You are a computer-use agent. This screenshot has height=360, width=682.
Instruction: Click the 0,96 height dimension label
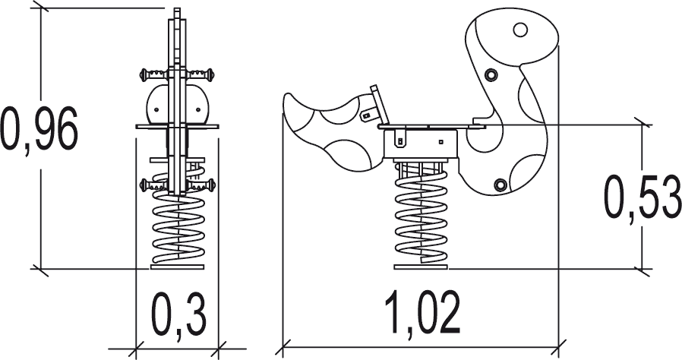pos(39,128)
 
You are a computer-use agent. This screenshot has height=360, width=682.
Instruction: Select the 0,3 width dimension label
pos(178,314)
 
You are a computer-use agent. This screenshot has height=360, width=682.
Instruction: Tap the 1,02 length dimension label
pos(422,313)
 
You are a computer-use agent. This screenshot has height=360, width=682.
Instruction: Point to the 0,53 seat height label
pos(643,197)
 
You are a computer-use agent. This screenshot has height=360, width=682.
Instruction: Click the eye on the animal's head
pos(520,30)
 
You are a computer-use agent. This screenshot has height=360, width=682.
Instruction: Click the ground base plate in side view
pos(421,267)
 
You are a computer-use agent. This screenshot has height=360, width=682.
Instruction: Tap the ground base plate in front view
pos(178,267)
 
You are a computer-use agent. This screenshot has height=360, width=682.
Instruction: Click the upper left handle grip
pos(153,74)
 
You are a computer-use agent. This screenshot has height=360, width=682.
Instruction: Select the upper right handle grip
pos(201,74)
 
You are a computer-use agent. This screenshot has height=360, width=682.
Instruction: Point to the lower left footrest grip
pos(153,185)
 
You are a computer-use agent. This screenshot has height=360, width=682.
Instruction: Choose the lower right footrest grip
pos(201,185)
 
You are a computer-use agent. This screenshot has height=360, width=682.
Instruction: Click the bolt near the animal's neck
pos(491,75)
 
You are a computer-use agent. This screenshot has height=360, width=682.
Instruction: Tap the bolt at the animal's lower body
pos(500,185)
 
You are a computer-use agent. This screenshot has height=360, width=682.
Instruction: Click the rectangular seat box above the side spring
pos(421,144)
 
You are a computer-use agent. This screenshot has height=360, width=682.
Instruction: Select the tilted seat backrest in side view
pos(379,104)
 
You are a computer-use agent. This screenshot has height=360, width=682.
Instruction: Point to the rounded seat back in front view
pos(178,105)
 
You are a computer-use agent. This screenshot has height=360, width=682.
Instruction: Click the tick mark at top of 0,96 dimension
pos(41,8)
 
